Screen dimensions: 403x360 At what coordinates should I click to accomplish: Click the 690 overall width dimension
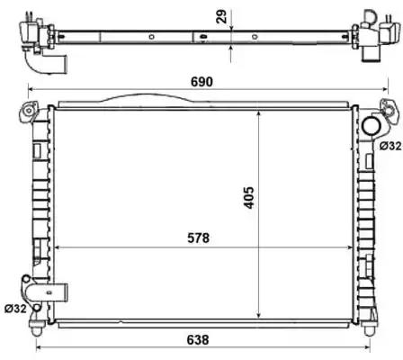point(201,82)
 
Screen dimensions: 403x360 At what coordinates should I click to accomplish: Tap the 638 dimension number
point(198,340)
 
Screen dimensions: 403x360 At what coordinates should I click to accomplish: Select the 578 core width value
point(199,238)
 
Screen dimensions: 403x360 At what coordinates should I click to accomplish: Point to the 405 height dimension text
point(248,197)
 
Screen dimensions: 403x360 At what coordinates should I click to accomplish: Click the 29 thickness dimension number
point(221,16)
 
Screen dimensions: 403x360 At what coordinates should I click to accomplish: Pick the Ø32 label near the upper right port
point(390,146)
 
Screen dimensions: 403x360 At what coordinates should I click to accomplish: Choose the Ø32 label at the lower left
point(15,309)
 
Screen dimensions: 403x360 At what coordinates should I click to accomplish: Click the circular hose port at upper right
point(372,126)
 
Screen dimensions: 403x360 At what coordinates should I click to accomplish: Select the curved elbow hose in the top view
point(45,65)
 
